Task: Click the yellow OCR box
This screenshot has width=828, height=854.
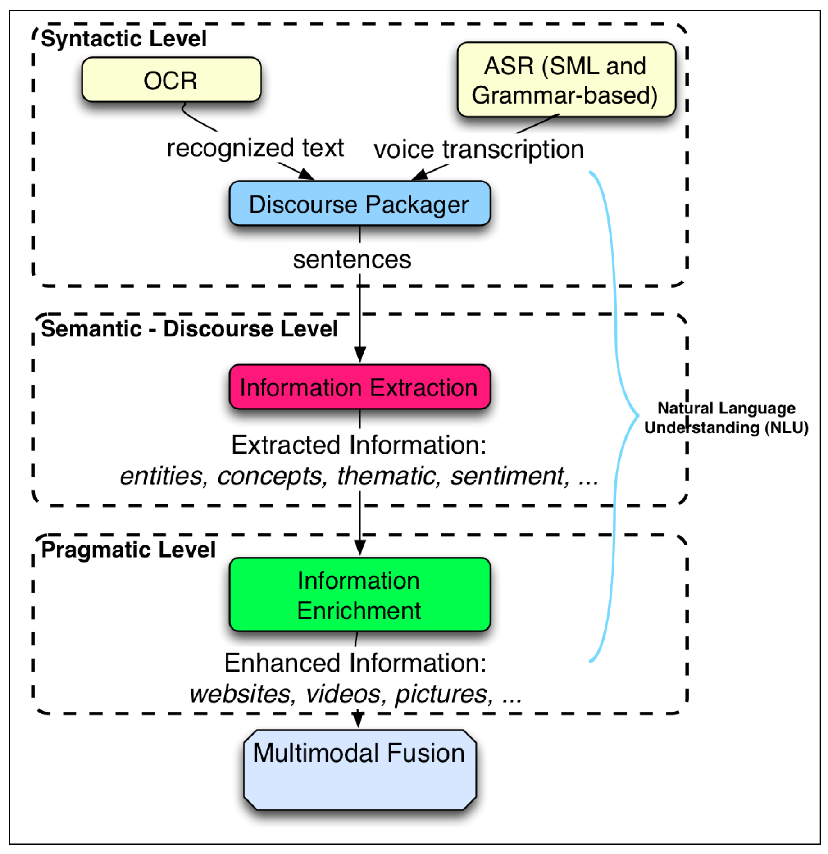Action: [171, 79]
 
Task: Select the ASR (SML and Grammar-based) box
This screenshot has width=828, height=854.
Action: [566, 80]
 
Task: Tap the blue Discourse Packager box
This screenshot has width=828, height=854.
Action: [359, 203]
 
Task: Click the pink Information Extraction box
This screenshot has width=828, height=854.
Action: [359, 387]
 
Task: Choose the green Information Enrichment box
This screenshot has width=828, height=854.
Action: [359, 595]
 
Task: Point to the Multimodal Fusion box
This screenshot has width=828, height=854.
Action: [359, 770]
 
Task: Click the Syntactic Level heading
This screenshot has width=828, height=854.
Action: [124, 39]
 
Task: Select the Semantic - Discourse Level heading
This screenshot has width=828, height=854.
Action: [189, 329]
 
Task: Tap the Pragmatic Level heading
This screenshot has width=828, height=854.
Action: [128, 550]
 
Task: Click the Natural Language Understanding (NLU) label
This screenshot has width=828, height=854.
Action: [726, 418]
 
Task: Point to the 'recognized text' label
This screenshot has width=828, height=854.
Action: [255, 148]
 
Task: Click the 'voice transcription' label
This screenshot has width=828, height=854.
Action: [479, 150]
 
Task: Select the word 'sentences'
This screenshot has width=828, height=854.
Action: [352, 259]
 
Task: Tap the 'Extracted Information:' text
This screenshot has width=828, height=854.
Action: [359, 445]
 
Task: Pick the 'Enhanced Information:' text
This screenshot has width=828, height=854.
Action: [355, 663]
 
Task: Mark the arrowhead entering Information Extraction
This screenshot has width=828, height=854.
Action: [359, 355]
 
